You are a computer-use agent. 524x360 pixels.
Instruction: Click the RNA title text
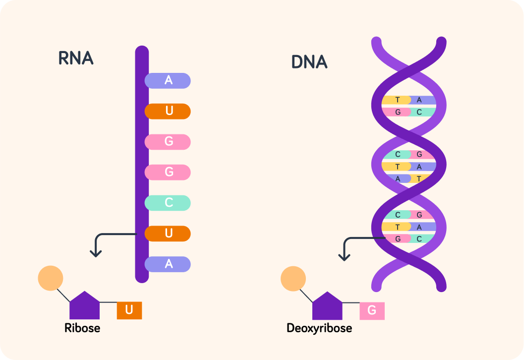click(76, 58)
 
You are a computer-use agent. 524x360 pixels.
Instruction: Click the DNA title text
click(309, 62)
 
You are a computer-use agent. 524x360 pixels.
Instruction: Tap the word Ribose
click(82, 328)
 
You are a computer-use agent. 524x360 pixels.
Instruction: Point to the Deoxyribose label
click(319, 328)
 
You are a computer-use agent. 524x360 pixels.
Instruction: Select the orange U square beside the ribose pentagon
click(129, 310)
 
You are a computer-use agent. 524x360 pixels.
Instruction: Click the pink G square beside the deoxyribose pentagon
click(372, 311)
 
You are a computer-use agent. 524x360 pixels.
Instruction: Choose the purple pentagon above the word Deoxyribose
click(327, 306)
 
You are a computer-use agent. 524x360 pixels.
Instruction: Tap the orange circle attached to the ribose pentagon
click(51, 278)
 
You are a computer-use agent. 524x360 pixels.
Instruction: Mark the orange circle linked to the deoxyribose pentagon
click(293, 279)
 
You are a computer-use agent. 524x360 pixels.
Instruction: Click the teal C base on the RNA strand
click(168, 203)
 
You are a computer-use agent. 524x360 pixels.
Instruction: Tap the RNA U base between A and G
click(168, 111)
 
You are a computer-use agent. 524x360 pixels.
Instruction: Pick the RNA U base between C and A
click(168, 234)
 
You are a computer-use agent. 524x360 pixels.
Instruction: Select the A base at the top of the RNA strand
click(168, 80)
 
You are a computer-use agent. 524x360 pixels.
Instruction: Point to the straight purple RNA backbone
click(142, 164)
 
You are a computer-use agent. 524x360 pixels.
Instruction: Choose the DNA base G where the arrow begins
click(398, 239)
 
